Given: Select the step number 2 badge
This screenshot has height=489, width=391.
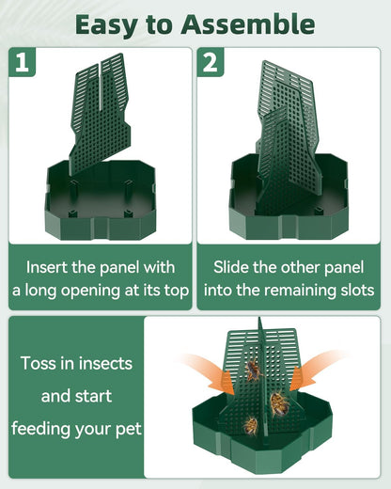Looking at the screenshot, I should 211,64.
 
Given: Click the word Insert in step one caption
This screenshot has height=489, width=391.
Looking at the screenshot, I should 48,266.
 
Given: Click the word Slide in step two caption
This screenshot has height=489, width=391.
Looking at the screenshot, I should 231,266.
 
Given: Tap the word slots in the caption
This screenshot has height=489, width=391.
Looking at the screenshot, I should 352,291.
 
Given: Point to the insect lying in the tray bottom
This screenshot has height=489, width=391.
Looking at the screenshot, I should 249,425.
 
